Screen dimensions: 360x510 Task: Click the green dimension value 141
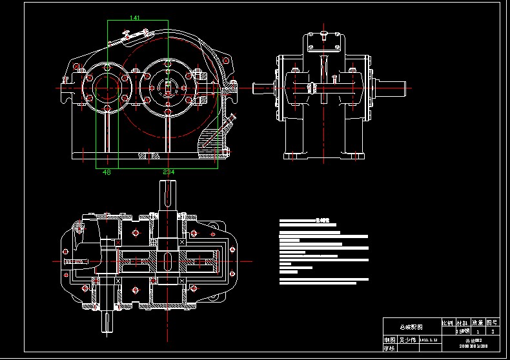tap(135, 17)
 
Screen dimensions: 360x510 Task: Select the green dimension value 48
tap(107, 172)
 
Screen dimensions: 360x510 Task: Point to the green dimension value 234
tap(168, 172)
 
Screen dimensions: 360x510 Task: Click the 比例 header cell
tap(447, 321)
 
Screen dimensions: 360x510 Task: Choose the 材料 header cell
tap(462, 321)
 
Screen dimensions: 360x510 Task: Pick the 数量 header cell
tap(477, 321)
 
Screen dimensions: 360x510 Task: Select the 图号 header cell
tap(492, 321)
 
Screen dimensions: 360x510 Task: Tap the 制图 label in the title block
tap(389, 339)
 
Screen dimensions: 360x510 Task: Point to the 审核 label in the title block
tap(389, 348)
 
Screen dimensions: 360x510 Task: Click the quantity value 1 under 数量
tap(477, 331)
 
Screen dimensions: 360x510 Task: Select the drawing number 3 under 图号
tap(492, 331)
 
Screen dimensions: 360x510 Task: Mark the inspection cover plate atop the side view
tap(324, 41)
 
